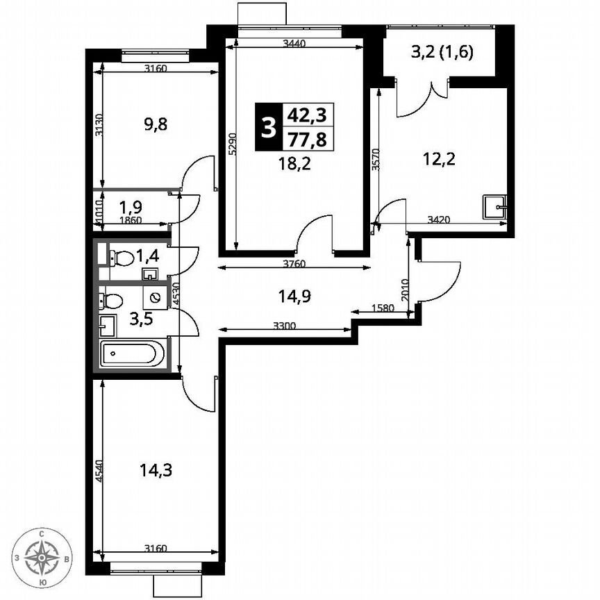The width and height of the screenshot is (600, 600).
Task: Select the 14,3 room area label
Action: point(156,470)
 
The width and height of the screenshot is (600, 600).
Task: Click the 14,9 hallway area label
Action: point(292,297)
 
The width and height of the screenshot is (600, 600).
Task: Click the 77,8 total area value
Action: point(308,140)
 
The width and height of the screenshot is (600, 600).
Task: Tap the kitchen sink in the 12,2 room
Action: point(495,206)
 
